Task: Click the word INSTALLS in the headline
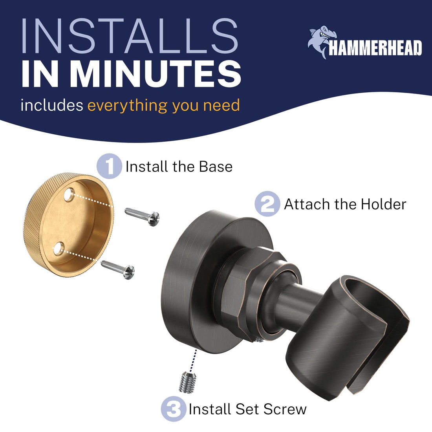point(130,36)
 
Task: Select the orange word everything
point(128,106)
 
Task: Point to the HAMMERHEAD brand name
point(375,48)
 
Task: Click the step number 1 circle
point(109,166)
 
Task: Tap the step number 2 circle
point(267,204)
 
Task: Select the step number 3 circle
point(174,409)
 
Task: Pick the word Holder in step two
point(384,205)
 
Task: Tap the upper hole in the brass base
point(69,194)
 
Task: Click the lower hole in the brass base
point(59,249)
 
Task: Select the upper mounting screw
point(142,216)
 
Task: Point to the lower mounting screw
point(118,269)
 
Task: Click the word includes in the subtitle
point(52,105)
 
